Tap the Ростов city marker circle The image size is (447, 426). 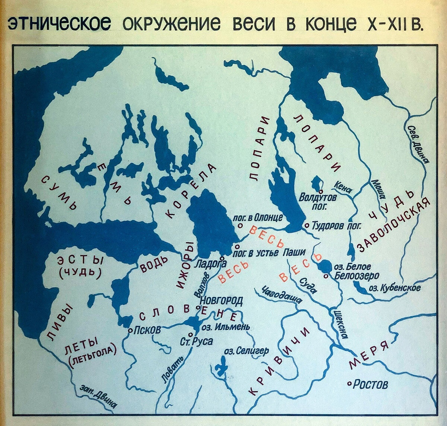[349, 384]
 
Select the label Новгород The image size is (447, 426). [222, 300]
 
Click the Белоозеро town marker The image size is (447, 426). [326, 276]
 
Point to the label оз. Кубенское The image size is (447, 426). [394, 288]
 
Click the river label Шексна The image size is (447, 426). [341, 324]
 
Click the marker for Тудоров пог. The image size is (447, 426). [307, 225]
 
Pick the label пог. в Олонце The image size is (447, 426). [257, 218]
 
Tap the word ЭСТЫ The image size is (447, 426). [80, 260]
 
